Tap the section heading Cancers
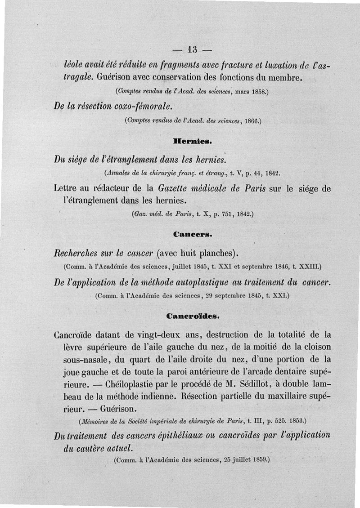click(189, 234)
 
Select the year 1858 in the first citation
click(258, 92)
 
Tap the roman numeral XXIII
click(308, 267)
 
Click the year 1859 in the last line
click(257, 460)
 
